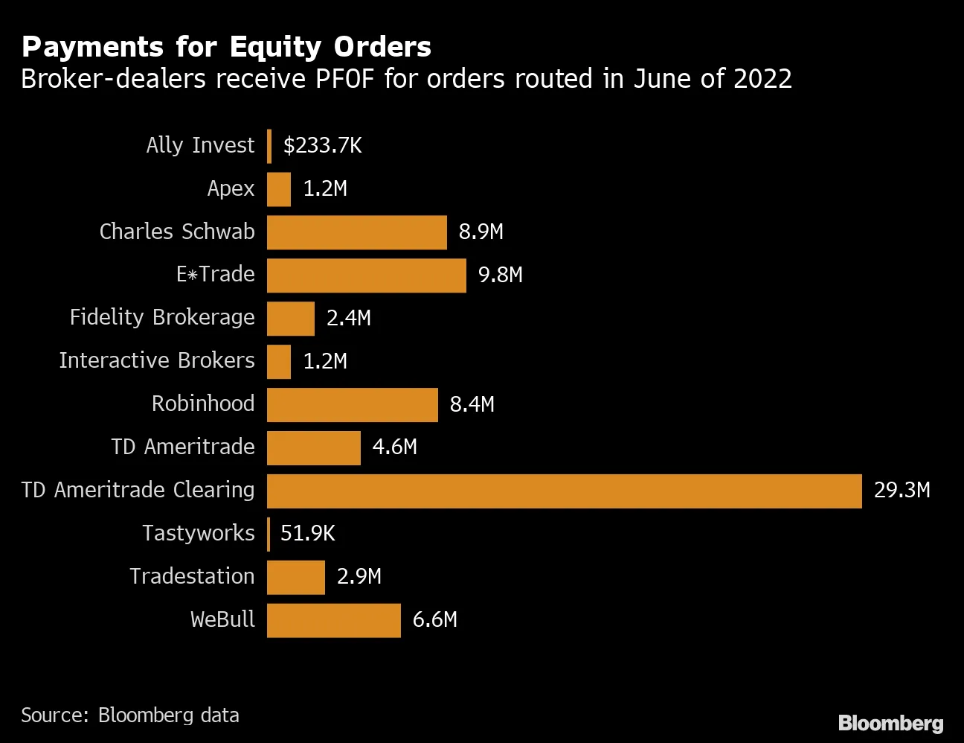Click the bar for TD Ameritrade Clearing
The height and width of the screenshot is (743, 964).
[x=564, y=491]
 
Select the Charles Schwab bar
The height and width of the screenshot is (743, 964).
[x=356, y=232]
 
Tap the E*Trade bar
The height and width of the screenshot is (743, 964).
[x=366, y=275]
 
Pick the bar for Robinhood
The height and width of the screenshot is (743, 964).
[x=352, y=404]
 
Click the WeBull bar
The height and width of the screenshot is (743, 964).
[x=333, y=620]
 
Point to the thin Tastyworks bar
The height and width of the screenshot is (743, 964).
[x=269, y=534]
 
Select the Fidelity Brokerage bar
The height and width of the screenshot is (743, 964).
[x=290, y=319]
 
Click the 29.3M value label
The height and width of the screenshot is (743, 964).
[x=902, y=490]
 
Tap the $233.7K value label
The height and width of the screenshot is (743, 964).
[x=322, y=145]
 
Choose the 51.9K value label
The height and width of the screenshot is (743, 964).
[x=307, y=533]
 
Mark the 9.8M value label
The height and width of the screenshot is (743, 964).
[x=500, y=275]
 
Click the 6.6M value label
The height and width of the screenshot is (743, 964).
[x=434, y=619]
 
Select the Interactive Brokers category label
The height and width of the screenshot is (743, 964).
[x=157, y=360]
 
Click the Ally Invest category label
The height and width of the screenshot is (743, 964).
[x=200, y=145]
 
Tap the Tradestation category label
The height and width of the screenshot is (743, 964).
[x=192, y=576]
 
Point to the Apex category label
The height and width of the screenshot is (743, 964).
[x=231, y=189]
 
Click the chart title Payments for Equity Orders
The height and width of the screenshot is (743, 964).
[x=226, y=47]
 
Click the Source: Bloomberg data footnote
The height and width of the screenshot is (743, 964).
[x=130, y=715]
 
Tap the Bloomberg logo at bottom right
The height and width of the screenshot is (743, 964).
[x=890, y=723]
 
